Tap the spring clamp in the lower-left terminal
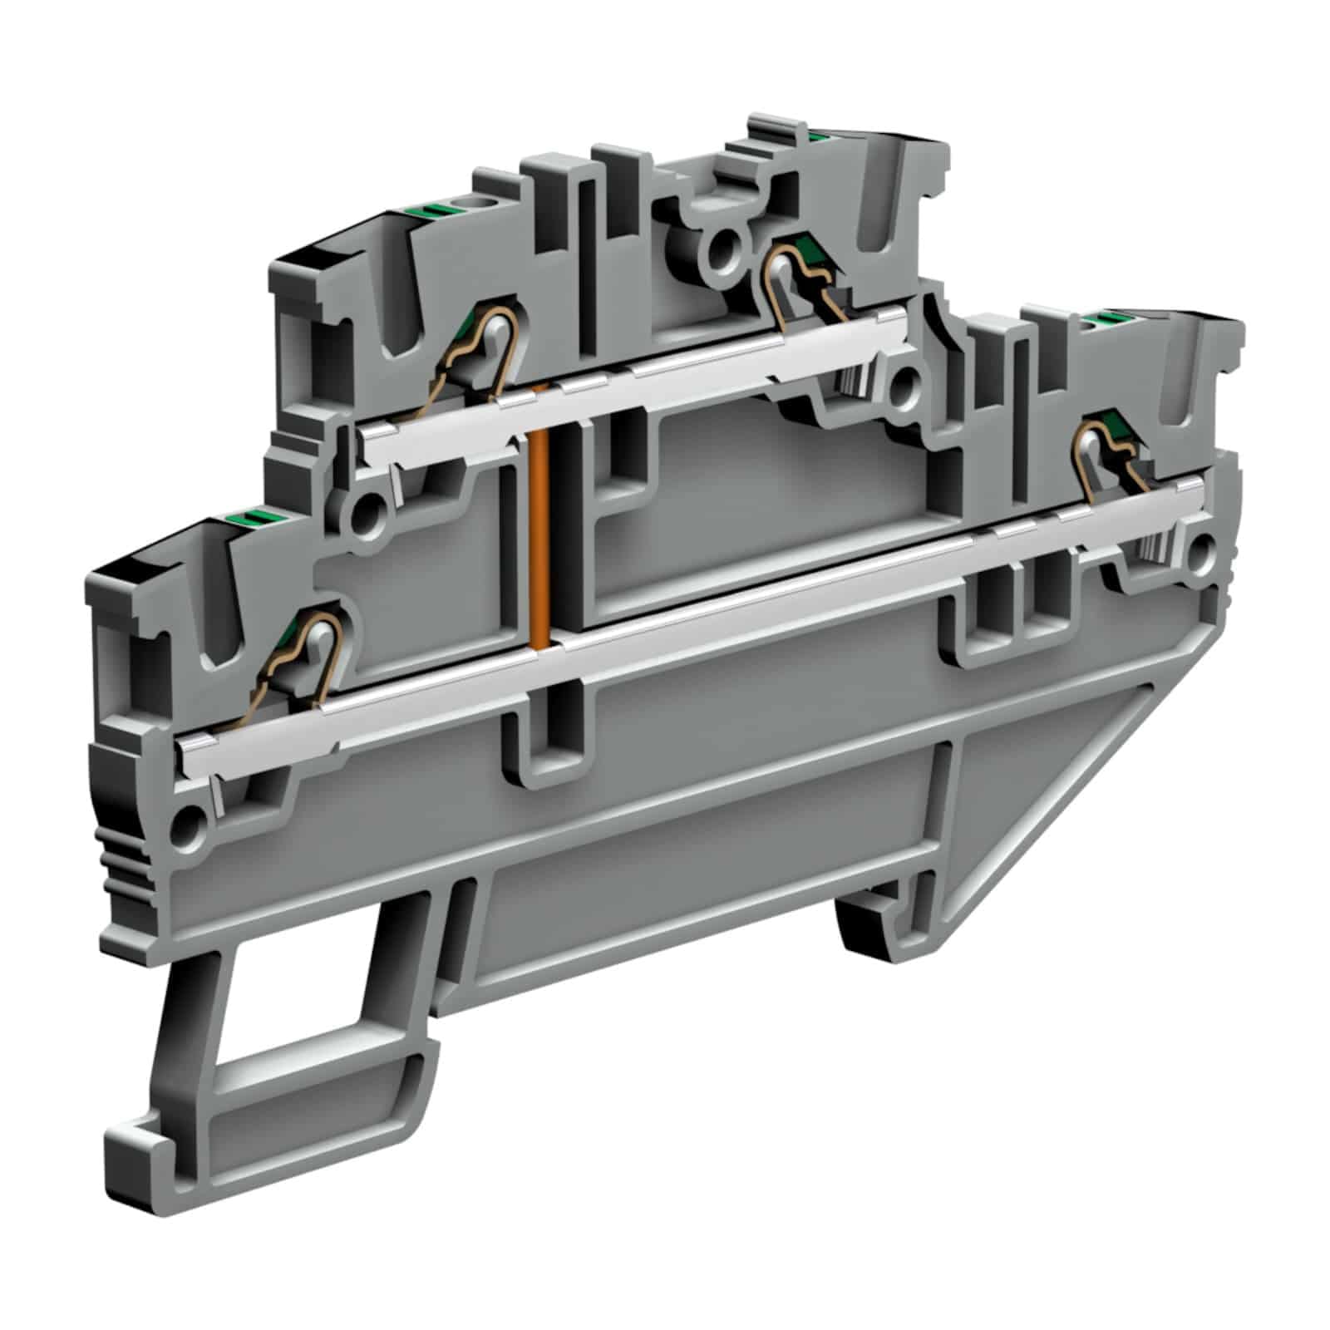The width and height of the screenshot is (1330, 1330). click(308, 656)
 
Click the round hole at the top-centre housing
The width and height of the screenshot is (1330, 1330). click(719, 244)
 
